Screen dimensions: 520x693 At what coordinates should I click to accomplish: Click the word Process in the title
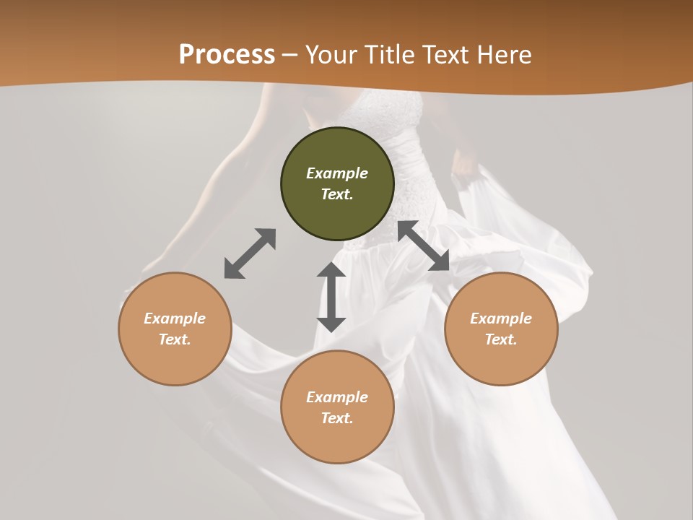[227, 55]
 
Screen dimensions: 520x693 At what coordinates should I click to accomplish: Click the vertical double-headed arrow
[331, 297]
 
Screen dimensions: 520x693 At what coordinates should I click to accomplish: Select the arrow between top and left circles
[250, 253]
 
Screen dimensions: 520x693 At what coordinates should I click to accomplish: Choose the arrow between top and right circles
[424, 246]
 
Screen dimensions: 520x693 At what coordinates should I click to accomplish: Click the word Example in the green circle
[337, 173]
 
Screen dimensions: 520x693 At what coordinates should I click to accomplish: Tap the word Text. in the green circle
[337, 194]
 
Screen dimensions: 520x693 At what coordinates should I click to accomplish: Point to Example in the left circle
[175, 318]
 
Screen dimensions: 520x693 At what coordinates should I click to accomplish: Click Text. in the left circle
[175, 339]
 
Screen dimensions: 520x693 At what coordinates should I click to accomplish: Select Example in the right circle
[501, 318]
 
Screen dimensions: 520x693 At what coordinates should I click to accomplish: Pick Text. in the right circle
[501, 339]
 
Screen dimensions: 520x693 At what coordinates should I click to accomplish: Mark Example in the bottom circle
[337, 397]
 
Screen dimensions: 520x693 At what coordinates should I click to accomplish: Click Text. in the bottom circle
[337, 418]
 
